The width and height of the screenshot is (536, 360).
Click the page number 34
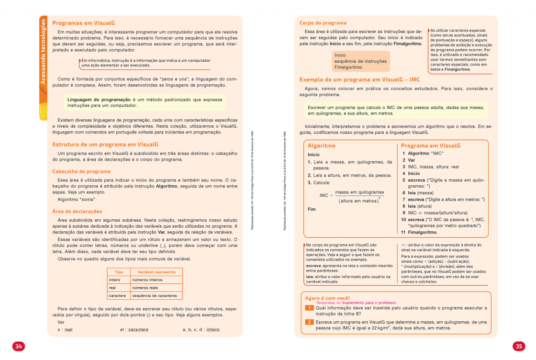tap(18, 346)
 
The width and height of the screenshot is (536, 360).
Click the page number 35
tap(518, 346)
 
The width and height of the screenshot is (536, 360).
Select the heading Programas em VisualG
tap(84, 23)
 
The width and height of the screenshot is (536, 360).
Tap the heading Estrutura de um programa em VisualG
tap(105, 144)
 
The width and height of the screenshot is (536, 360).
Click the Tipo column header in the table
tap(119, 272)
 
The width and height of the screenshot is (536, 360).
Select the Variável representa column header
tap(156, 272)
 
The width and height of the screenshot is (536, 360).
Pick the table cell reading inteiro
tap(115, 280)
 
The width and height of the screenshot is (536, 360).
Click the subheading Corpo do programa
tap(323, 23)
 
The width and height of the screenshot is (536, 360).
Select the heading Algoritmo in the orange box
tap(321, 145)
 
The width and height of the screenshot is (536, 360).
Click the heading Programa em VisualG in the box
tap(431, 145)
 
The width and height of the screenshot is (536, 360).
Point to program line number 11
tap(404, 232)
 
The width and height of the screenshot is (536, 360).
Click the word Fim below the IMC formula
tap(312, 209)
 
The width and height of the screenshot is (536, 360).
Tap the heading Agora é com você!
tap(327, 298)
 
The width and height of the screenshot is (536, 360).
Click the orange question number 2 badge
tap(309, 321)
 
